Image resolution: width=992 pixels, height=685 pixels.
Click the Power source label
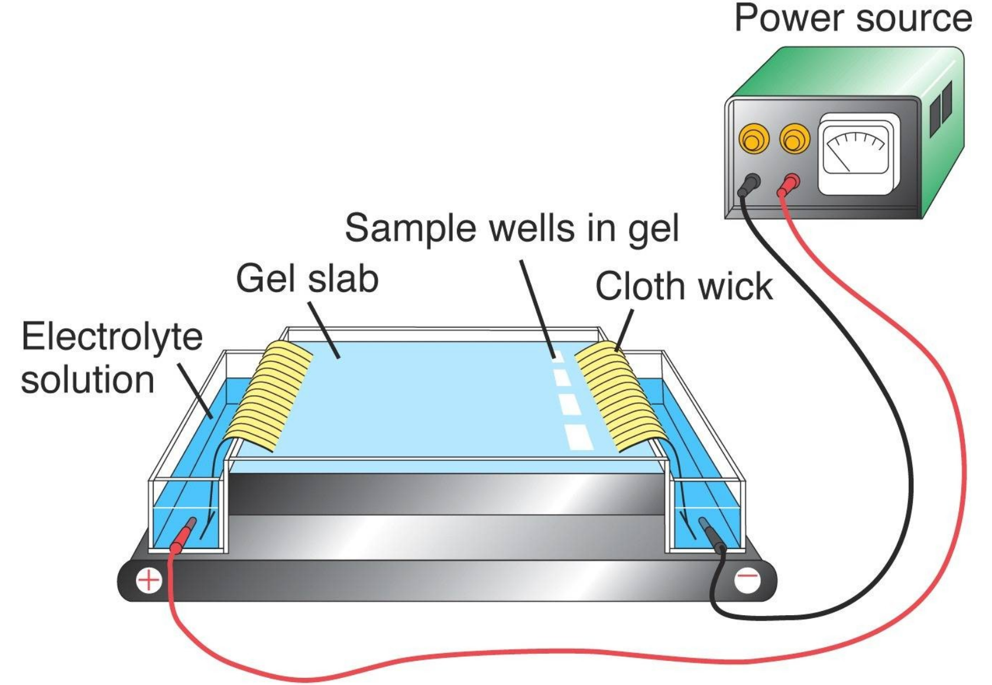(852, 18)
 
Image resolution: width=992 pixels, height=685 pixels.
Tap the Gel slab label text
(307, 279)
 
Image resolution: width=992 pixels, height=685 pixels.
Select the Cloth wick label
(683, 287)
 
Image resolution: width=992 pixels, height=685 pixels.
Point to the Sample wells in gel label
(512, 228)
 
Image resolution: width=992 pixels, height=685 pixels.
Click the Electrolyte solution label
(111, 358)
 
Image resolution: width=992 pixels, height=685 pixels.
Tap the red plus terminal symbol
(148, 580)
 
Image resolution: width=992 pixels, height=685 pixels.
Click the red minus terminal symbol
(748, 578)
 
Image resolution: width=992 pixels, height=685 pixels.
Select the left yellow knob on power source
(753, 140)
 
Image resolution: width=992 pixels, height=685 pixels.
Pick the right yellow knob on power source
(794, 140)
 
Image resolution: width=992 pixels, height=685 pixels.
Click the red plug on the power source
(789, 185)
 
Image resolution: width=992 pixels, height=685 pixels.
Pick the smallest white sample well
(556, 356)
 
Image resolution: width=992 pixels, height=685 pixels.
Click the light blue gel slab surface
(426, 402)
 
